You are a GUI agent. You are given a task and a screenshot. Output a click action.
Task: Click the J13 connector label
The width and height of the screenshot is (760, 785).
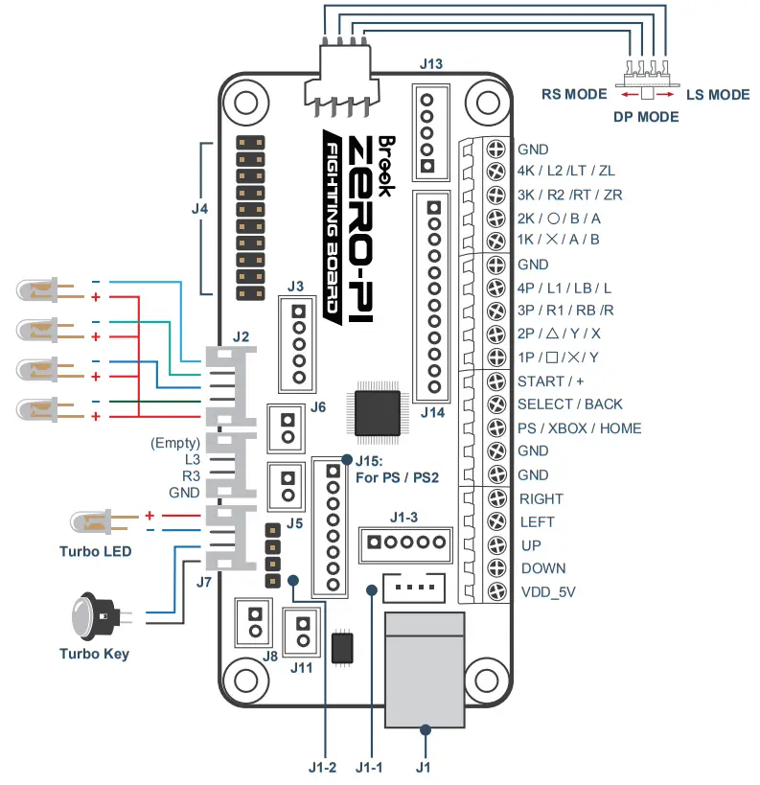[431, 65]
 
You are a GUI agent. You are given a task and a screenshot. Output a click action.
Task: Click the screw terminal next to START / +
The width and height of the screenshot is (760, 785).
[496, 381]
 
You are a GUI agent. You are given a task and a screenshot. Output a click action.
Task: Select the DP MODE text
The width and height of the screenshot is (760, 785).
[646, 117]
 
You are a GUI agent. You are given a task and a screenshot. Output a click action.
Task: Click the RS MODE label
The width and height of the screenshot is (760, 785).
[574, 94]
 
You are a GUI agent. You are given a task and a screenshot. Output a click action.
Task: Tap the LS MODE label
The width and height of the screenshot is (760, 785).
[718, 94]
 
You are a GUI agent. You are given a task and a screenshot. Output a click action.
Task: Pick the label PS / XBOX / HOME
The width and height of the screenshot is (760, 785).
[580, 428]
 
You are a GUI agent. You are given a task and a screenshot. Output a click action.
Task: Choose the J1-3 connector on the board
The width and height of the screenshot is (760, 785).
[403, 544]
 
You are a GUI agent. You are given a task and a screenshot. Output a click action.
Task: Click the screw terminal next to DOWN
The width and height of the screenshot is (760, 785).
[496, 568]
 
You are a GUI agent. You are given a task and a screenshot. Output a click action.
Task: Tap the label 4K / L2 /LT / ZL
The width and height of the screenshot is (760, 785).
[565, 173]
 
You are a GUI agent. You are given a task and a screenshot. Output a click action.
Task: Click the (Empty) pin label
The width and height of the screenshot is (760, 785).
[175, 444]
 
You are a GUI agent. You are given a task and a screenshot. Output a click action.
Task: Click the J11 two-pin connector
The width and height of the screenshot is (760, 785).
[303, 633]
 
